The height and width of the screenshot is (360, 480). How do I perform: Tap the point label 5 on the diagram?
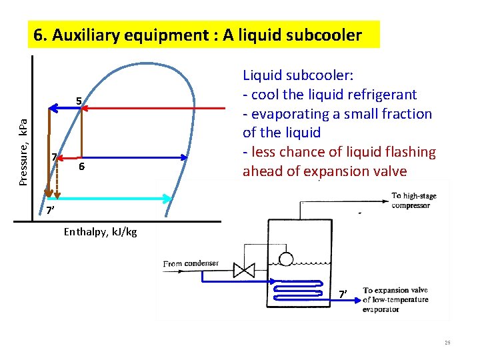coord(79,101)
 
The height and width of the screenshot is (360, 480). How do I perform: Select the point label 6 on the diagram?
coord(81,166)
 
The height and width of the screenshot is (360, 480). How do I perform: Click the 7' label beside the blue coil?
coord(343,294)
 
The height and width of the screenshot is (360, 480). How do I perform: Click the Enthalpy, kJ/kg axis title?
coord(101,232)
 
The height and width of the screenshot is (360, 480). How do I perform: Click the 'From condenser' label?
coord(191,263)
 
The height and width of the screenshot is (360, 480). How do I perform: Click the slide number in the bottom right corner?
coord(447,343)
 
